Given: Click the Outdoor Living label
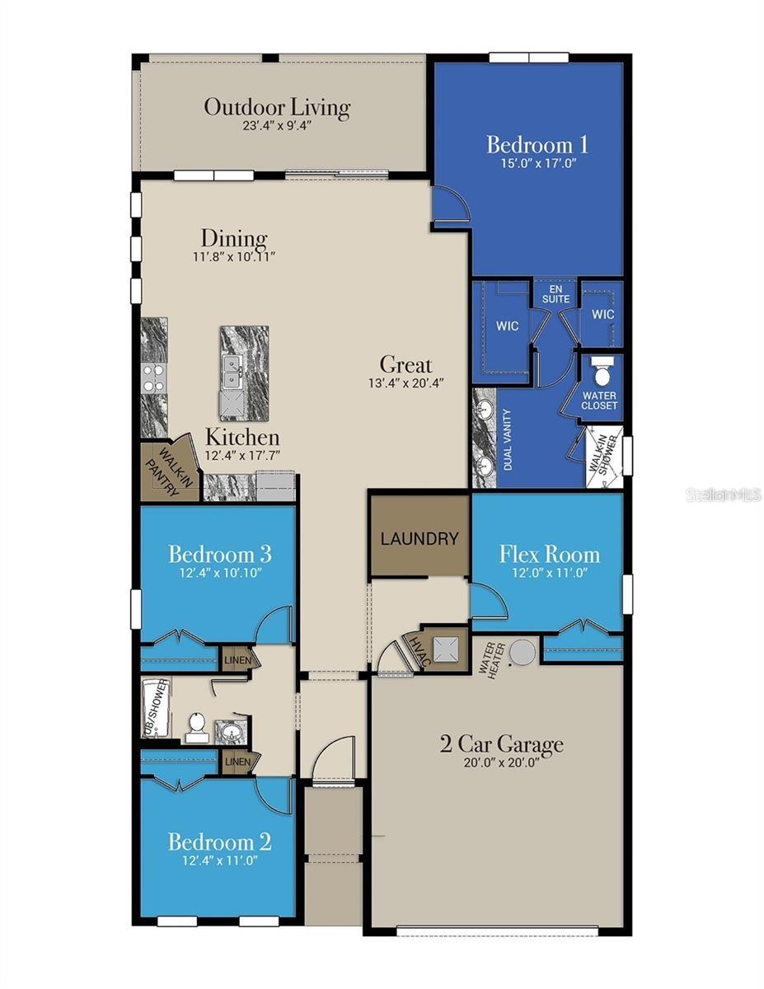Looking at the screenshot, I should [x=277, y=107].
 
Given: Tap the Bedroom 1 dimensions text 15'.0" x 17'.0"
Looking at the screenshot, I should [x=537, y=163].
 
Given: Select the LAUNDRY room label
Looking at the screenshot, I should [x=419, y=539].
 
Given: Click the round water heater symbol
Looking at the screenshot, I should [x=523, y=652].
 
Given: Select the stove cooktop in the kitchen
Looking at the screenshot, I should [x=153, y=378].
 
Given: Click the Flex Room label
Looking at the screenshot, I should [x=549, y=554].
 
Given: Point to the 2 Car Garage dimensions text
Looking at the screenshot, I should [x=501, y=763].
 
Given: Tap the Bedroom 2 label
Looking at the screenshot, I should [x=219, y=841].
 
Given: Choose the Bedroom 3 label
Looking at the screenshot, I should [x=220, y=553].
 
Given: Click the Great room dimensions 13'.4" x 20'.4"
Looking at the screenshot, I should [x=405, y=382].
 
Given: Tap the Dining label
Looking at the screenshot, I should [x=234, y=239].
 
